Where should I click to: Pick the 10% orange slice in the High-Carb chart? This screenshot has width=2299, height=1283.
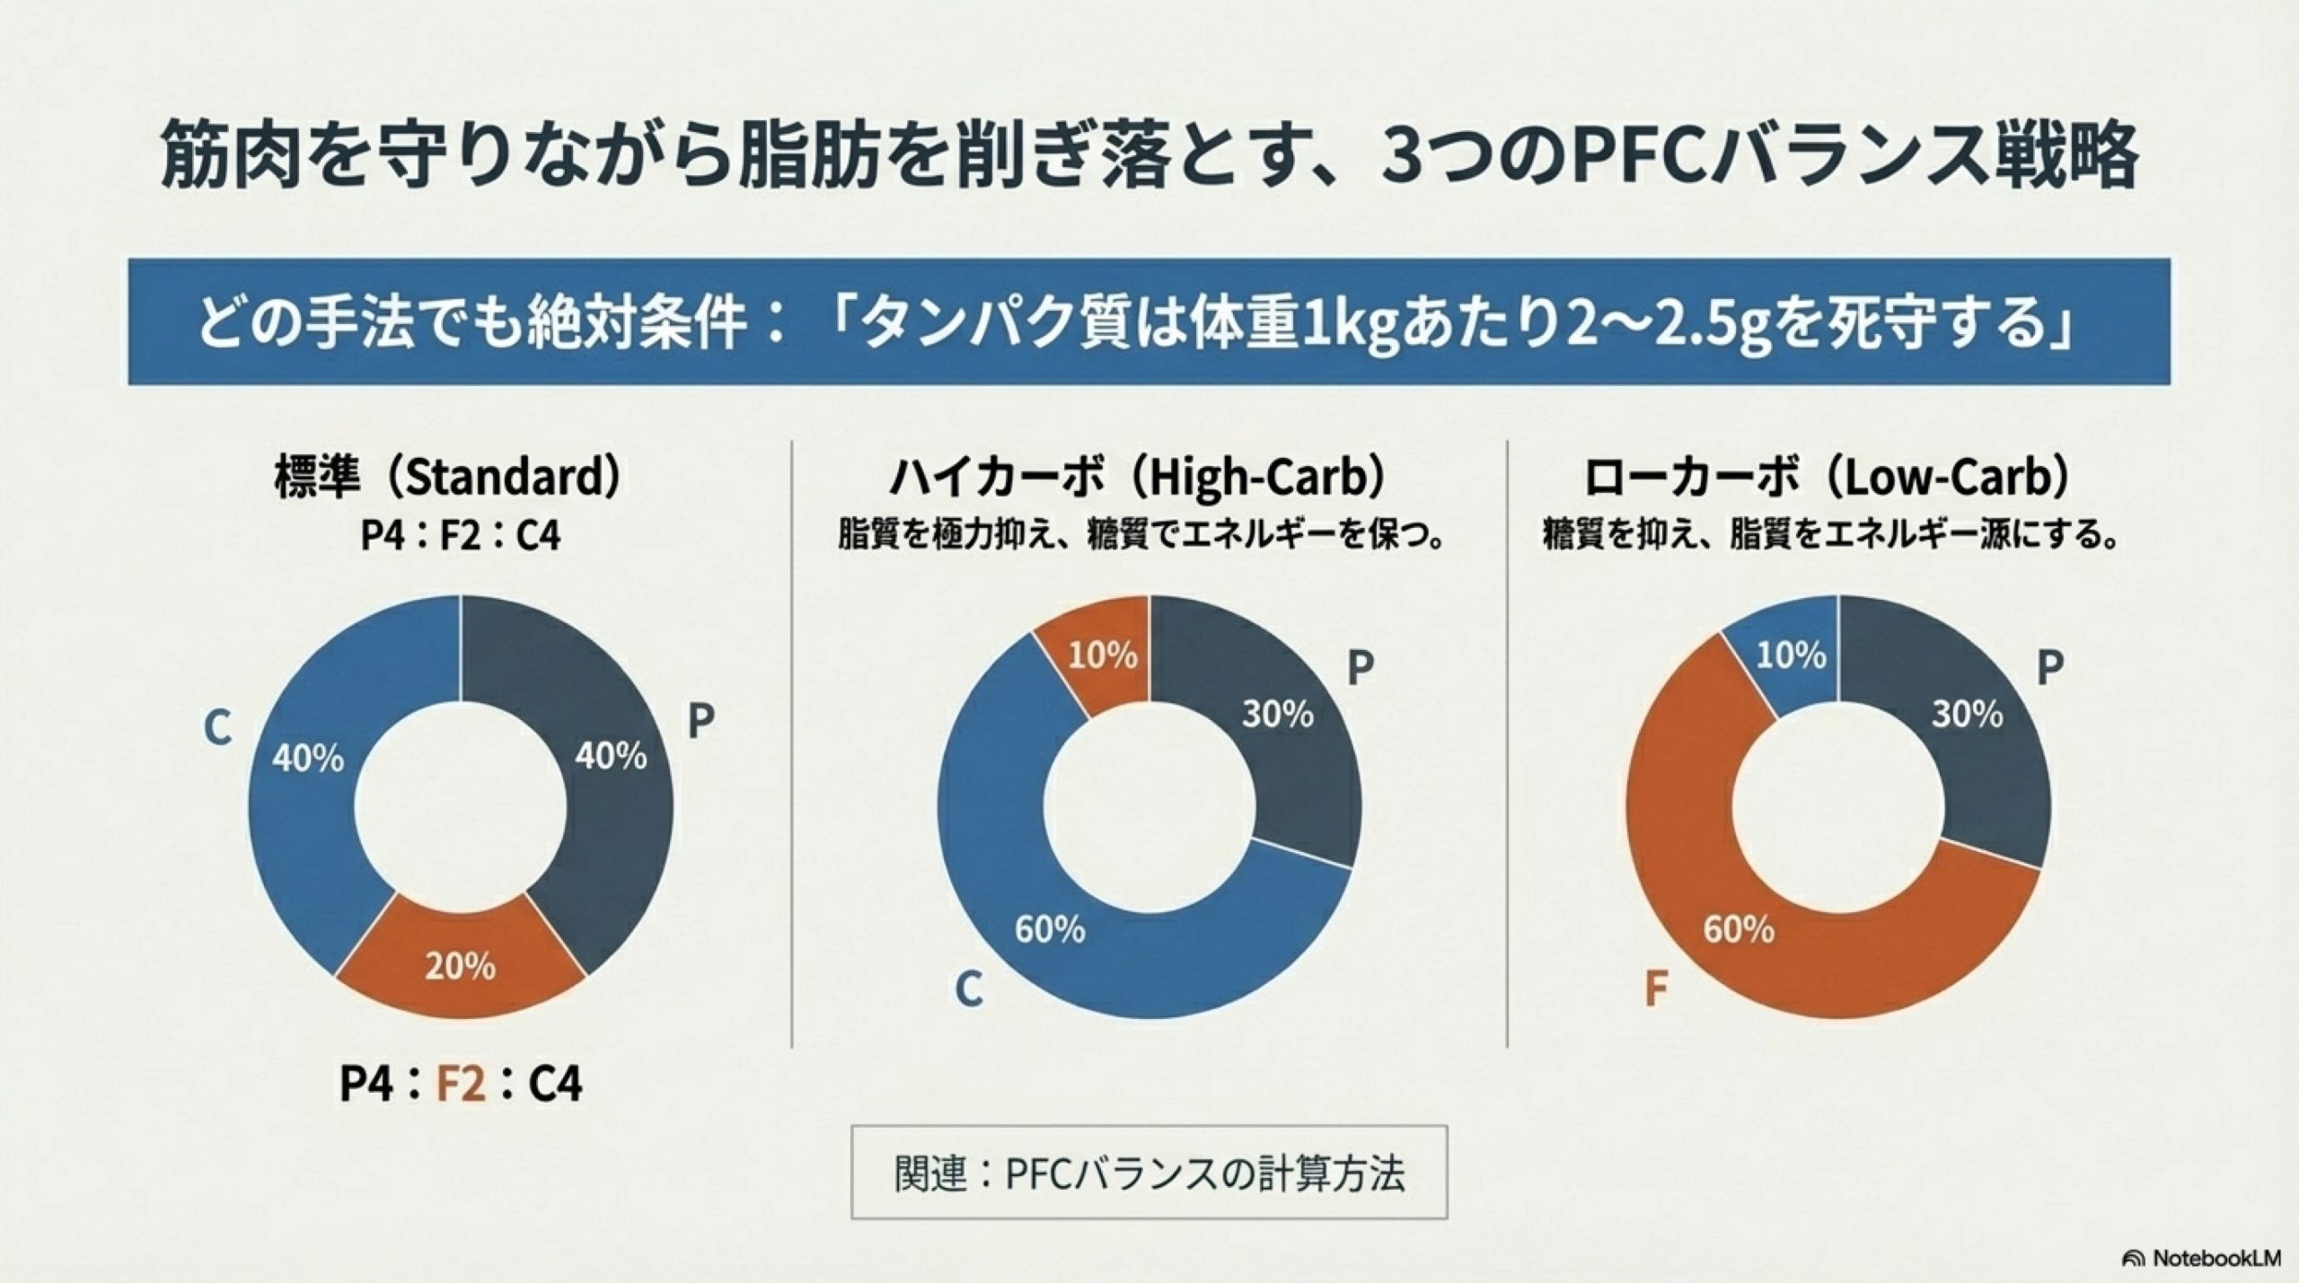tap(1103, 656)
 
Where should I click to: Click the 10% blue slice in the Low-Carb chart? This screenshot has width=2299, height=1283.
tap(1791, 655)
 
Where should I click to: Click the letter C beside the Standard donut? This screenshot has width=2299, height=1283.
tap(216, 727)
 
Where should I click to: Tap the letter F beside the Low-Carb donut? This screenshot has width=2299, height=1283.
tap(1655, 989)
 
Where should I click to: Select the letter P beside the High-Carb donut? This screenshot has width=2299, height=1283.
tap(1361, 668)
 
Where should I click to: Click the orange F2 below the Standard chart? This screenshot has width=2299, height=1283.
tap(461, 1083)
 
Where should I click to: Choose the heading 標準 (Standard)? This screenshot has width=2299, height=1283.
tap(446, 478)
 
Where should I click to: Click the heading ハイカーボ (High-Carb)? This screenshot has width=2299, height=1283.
tap(1137, 478)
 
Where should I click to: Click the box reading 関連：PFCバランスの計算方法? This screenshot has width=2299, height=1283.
tap(1149, 1172)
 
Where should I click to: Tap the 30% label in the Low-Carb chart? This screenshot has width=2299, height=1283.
tap(1967, 715)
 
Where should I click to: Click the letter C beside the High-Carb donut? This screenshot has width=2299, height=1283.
tap(968, 989)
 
